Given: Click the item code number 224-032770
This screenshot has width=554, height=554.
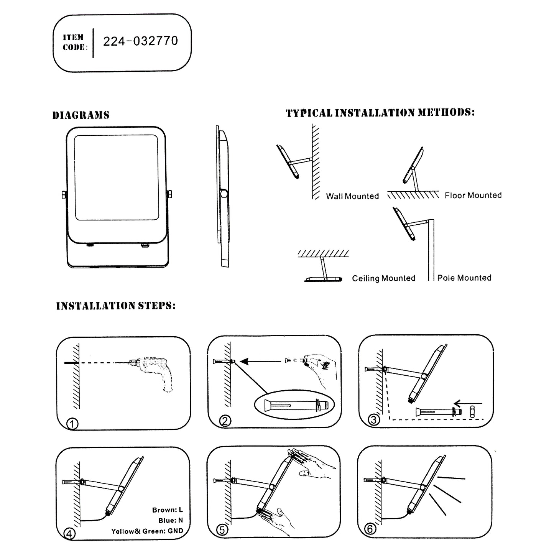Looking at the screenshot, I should pyautogui.click(x=140, y=41).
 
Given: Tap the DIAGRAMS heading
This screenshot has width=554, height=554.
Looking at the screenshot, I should pyautogui.click(x=81, y=115).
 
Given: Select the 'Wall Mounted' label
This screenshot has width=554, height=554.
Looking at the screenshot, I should pyautogui.click(x=352, y=196).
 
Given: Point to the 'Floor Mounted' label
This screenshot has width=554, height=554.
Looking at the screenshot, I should pyautogui.click(x=473, y=196).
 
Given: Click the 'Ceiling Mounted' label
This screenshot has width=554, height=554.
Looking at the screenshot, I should pyautogui.click(x=383, y=278).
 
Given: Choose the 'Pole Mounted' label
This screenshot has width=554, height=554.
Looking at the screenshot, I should pyautogui.click(x=464, y=278).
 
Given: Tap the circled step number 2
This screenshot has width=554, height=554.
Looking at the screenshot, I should pyautogui.click(x=225, y=421).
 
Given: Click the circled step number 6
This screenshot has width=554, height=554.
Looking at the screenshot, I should pyautogui.click(x=370, y=529).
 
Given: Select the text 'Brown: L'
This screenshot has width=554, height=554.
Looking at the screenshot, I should pyautogui.click(x=168, y=510).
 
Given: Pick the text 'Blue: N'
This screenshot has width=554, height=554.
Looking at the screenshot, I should pyautogui.click(x=171, y=520).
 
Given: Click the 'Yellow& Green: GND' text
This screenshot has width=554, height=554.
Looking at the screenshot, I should pyautogui.click(x=147, y=531).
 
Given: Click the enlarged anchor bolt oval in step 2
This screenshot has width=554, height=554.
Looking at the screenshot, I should pyautogui.click(x=294, y=405).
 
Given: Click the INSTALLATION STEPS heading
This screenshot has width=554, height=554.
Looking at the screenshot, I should pyautogui.click(x=115, y=306).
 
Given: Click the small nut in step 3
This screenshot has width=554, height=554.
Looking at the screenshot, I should pyautogui.click(x=472, y=411).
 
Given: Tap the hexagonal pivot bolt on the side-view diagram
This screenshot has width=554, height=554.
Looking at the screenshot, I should pyautogui.click(x=223, y=193).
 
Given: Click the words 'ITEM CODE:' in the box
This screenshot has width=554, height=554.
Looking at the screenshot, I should pyautogui.click(x=75, y=42).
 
